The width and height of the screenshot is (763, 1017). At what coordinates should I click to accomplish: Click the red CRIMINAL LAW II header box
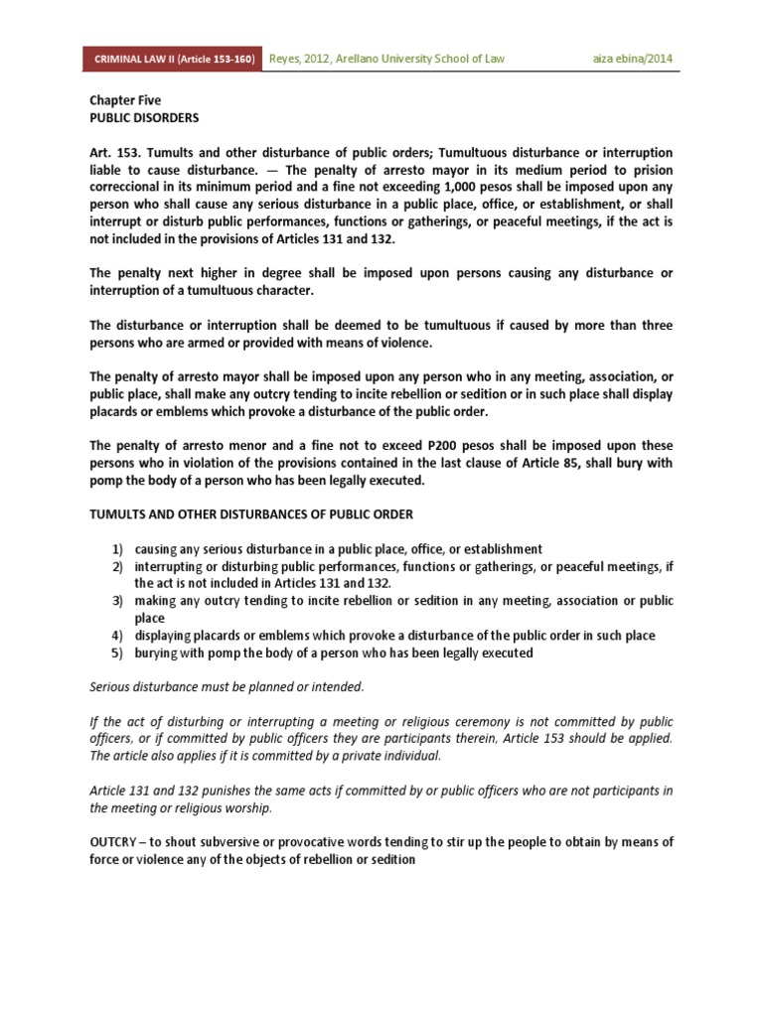(175, 59)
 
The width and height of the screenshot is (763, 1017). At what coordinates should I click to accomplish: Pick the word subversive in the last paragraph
(224, 841)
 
